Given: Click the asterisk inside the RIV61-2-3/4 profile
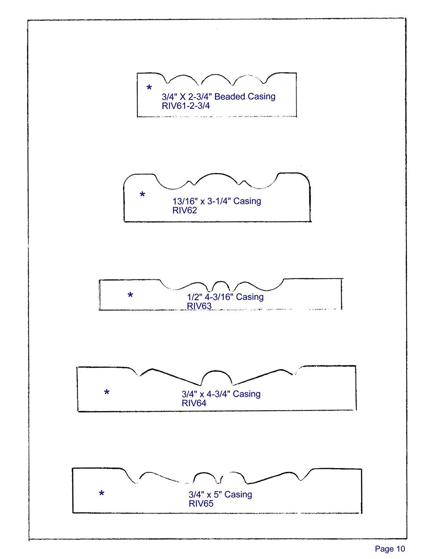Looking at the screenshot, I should point(149,88).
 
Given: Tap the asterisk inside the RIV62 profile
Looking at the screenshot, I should point(142,195).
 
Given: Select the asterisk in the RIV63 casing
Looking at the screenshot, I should point(130,296).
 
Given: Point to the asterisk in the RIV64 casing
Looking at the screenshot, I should point(107,392).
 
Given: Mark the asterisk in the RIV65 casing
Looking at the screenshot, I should point(101,494).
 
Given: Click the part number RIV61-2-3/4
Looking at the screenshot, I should point(186,106).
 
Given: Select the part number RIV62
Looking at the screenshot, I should point(185,211).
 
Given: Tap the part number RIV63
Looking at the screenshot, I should point(199,306).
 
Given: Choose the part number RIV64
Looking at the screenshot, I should point(194,403).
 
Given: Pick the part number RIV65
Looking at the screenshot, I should point(201,504).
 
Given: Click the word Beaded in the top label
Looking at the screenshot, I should point(230,97).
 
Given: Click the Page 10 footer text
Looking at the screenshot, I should point(390,549).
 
